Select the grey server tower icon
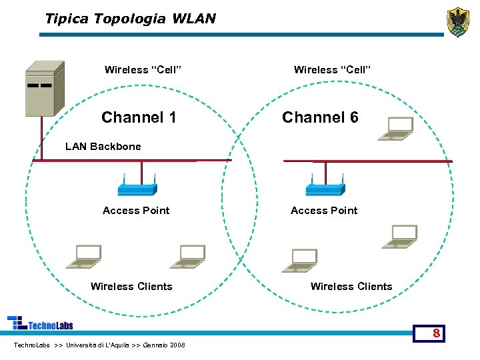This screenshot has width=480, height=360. pyautogui.click(x=44, y=89)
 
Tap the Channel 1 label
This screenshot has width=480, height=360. pyautogui.click(x=139, y=118)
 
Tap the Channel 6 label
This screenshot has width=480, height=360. pyautogui.click(x=320, y=118)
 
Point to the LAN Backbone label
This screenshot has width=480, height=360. pyautogui.click(x=103, y=147)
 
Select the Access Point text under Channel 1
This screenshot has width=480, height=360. pyautogui.click(x=136, y=211)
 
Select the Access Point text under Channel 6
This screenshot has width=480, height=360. pyautogui.click(x=324, y=211)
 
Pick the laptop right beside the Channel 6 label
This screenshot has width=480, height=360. pyautogui.click(x=396, y=129)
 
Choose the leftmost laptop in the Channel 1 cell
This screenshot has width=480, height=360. pyautogui.click(x=84, y=257)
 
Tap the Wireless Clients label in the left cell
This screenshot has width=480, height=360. pyautogui.click(x=131, y=287)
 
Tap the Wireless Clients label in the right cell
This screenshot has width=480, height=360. pyautogui.click(x=351, y=287)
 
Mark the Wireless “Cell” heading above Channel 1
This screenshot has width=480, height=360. pyautogui.click(x=143, y=70)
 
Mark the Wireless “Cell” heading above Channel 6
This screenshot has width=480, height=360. pyautogui.click(x=332, y=70)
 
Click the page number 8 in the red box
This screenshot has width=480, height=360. pyautogui.click(x=435, y=333)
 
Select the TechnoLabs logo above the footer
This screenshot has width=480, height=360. pyautogui.click(x=40, y=323)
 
